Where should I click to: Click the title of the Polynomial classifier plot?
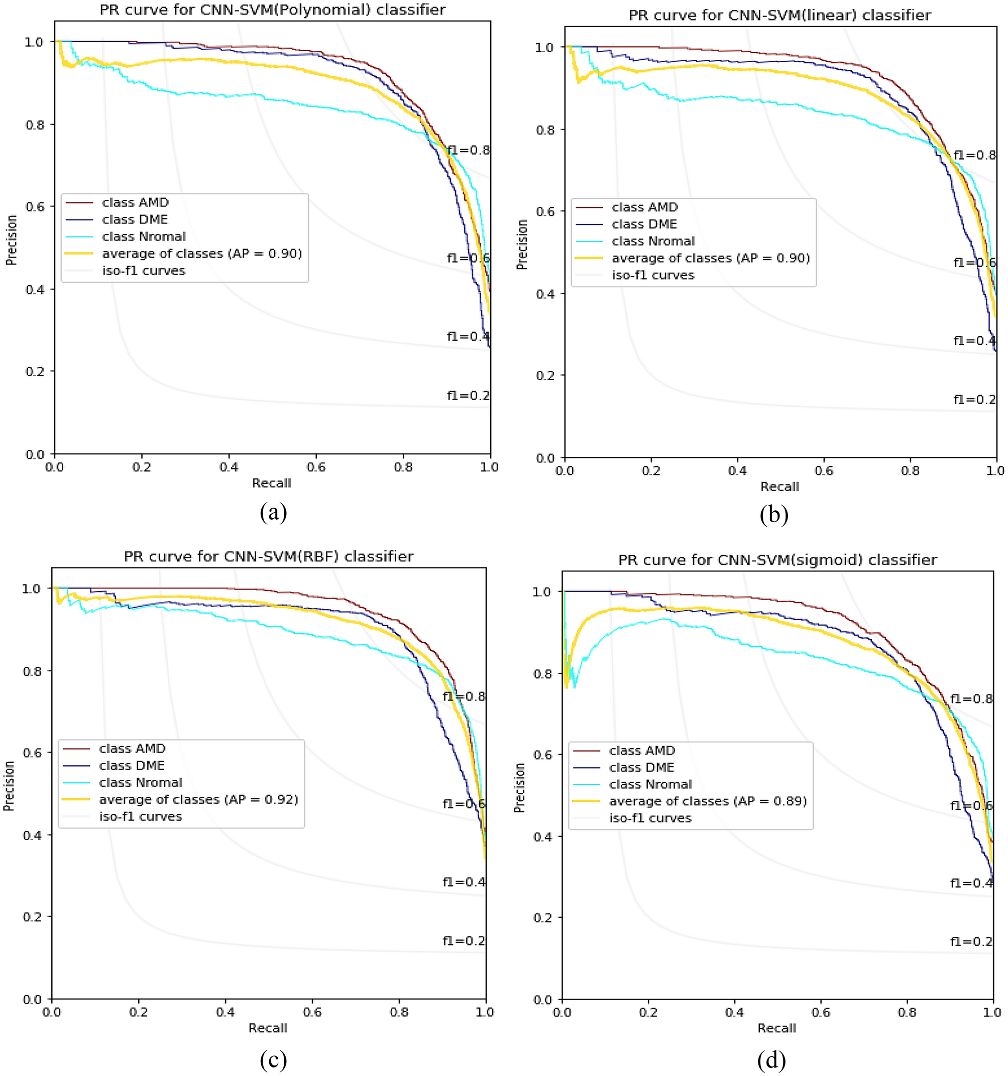click(272, 10)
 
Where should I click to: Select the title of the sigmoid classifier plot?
click(777, 560)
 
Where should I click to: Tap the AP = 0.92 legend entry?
click(199, 799)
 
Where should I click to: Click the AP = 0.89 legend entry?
click(708, 801)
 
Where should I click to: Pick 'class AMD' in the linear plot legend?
click(644, 207)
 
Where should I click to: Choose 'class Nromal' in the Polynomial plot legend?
click(144, 236)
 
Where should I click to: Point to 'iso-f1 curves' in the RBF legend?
click(140, 816)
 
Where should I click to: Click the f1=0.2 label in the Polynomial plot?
click(468, 396)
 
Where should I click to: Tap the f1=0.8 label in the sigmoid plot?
click(971, 699)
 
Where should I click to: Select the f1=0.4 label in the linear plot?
click(974, 340)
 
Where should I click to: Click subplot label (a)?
click(273, 512)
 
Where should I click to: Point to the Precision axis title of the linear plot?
click(521, 244)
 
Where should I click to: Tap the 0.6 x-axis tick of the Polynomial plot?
click(315, 467)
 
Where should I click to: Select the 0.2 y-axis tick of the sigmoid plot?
click(542, 917)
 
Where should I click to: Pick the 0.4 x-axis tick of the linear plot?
click(737, 471)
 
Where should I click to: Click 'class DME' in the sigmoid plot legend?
click(641, 768)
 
